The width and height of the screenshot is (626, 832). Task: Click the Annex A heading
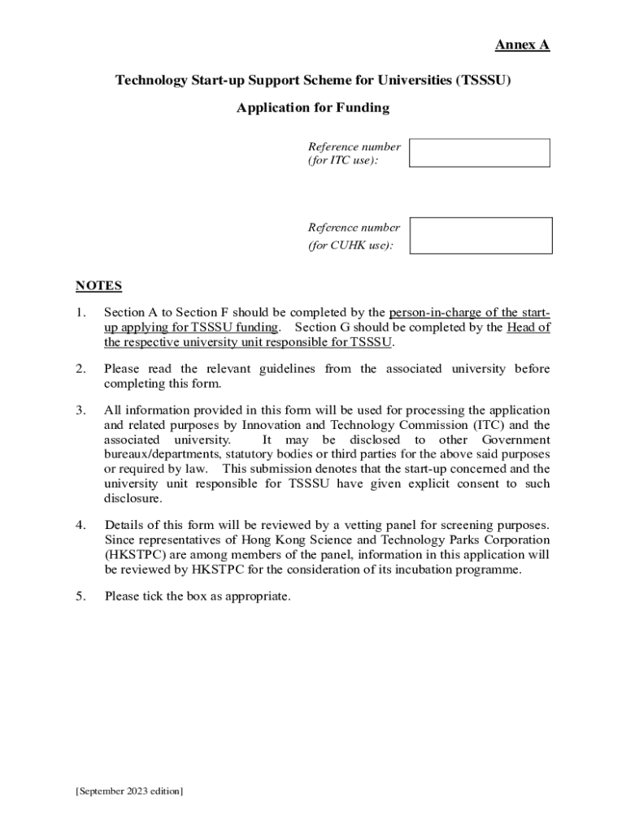click(523, 45)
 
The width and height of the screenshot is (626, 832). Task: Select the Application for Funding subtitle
click(313, 107)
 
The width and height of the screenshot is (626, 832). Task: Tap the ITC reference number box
click(479, 153)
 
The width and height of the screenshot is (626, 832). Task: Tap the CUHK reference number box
click(480, 236)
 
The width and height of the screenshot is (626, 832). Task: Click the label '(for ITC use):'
click(342, 161)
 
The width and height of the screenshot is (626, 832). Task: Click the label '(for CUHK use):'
click(350, 245)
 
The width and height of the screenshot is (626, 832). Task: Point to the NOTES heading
click(98, 285)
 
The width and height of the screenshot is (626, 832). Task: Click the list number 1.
click(80, 313)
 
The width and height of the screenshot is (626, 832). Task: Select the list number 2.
click(80, 369)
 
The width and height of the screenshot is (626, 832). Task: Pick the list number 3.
click(80, 410)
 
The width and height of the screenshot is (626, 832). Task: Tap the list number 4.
click(80, 525)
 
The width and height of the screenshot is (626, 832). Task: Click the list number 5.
click(80, 596)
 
